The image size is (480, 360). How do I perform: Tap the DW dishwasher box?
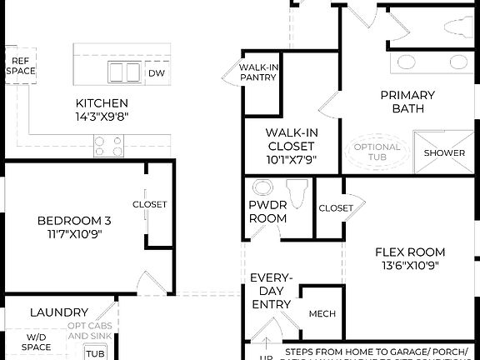coord(156,73)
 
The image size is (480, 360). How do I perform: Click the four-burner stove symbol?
coord(108,146)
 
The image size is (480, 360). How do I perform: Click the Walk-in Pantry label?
coord(257,72)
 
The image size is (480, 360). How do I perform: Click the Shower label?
coord(444,153)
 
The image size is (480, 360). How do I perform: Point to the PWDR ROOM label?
coord(267,212)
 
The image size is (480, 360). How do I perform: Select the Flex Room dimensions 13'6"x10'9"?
coord(409,266)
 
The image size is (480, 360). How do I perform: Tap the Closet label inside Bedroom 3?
coord(149,204)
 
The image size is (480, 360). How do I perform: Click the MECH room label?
coord(322,314)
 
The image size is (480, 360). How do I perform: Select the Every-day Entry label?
coord(272,291)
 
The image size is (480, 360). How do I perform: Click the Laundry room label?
coord(59,312)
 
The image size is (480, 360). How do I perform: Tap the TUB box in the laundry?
coord(96,353)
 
